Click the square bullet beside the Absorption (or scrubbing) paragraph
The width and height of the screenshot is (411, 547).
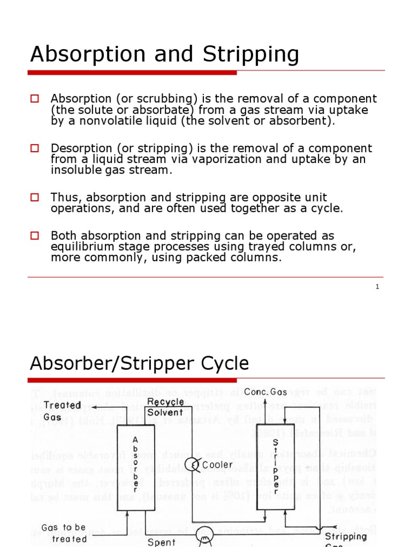pyautogui.click(x=35, y=98)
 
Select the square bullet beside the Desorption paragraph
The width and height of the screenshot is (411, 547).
pyautogui.click(x=35, y=148)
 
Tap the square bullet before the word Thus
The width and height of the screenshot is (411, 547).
pyautogui.click(x=35, y=197)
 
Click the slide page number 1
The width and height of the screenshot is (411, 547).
pyautogui.click(x=377, y=287)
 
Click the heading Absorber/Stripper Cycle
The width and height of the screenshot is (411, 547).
pyautogui.click(x=139, y=364)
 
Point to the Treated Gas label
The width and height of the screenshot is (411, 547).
pyautogui.click(x=62, y=410)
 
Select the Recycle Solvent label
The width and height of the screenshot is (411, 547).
pyautogui.click(x=165, y=407)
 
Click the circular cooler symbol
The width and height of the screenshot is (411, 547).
pyautogui.click(x=192, y=464)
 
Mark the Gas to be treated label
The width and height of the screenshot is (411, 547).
pyautogui.click(x=64, y=533)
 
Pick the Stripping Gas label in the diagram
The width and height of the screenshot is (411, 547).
pyautogui.click(x=346, y=536)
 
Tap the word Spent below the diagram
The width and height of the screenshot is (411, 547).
pyautogui.click(x=161, y=542)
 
